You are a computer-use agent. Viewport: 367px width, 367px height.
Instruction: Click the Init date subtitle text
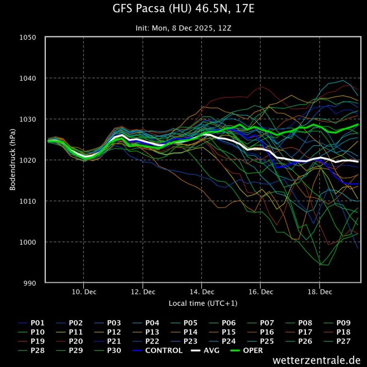tap(183, 28)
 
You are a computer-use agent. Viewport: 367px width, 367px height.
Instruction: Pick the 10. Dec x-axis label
tap(84, 291)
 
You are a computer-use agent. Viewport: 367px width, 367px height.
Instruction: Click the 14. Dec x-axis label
tap(202, 291)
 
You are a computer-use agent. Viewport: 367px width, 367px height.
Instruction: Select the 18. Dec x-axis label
tap(320, 291)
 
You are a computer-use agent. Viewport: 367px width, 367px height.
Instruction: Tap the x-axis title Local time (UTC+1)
tap(203, 303)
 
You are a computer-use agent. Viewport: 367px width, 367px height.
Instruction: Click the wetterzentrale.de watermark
tap(317, 360)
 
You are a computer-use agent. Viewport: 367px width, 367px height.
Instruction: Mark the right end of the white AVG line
tap(358, 162)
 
